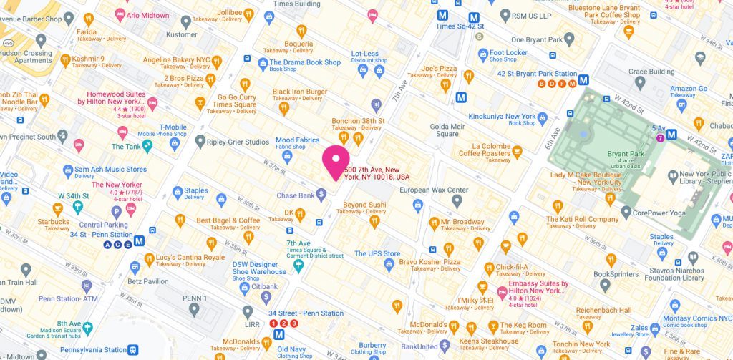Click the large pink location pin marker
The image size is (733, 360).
335,161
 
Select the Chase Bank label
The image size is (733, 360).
296,195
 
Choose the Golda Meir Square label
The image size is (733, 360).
444,130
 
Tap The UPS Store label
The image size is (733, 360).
377,253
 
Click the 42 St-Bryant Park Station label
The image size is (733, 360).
537,74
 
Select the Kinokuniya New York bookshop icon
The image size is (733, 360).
543,117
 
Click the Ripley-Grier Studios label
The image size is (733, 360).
238,142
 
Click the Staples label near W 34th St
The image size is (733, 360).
195,190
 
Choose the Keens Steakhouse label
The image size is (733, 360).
490,341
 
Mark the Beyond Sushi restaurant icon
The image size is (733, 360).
374,222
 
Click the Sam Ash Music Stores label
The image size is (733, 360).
110,170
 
